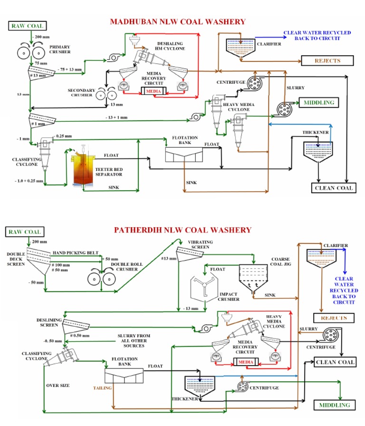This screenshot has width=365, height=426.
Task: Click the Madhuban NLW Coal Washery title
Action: click(x=178, y=21)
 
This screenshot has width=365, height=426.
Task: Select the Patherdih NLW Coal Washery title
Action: click(x=182, y=230)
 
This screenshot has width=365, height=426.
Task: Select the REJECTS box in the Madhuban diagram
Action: click(x=327, y=60)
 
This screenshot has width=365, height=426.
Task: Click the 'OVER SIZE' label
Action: click(x=58, y=386)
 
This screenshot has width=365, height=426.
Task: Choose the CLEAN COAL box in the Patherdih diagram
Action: click(x=335, y=362)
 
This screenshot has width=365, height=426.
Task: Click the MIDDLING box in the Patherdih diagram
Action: click(x=335, y=405)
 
